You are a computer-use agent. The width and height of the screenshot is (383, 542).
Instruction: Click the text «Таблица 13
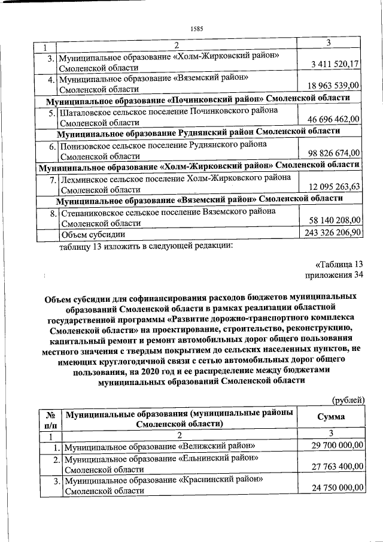coord(339,264)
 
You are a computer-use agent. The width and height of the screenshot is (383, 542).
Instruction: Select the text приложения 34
coord(335,275)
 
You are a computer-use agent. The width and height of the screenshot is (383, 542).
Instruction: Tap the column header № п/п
coord(50,418)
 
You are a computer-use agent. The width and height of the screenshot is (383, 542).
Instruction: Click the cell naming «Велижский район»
coord(160,446)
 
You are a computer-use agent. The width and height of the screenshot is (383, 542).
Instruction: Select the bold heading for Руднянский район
coord(199,131)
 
